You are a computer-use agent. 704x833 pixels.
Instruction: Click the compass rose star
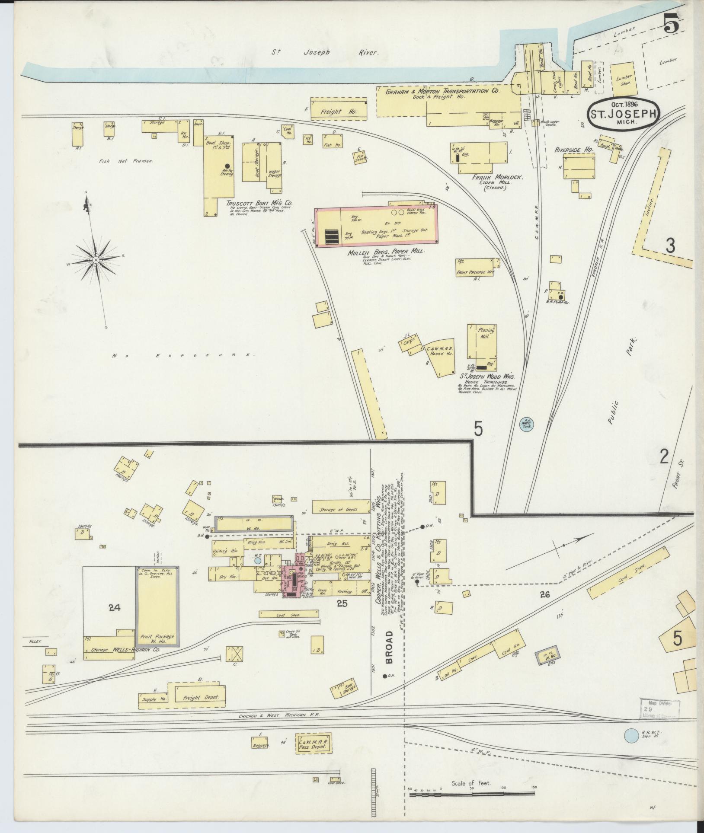96,260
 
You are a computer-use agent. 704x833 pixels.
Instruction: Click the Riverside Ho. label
573,150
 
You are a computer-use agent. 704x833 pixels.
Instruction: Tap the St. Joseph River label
325,52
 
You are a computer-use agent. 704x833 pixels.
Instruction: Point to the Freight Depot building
200,697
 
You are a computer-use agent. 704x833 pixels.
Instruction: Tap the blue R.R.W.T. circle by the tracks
632,734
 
